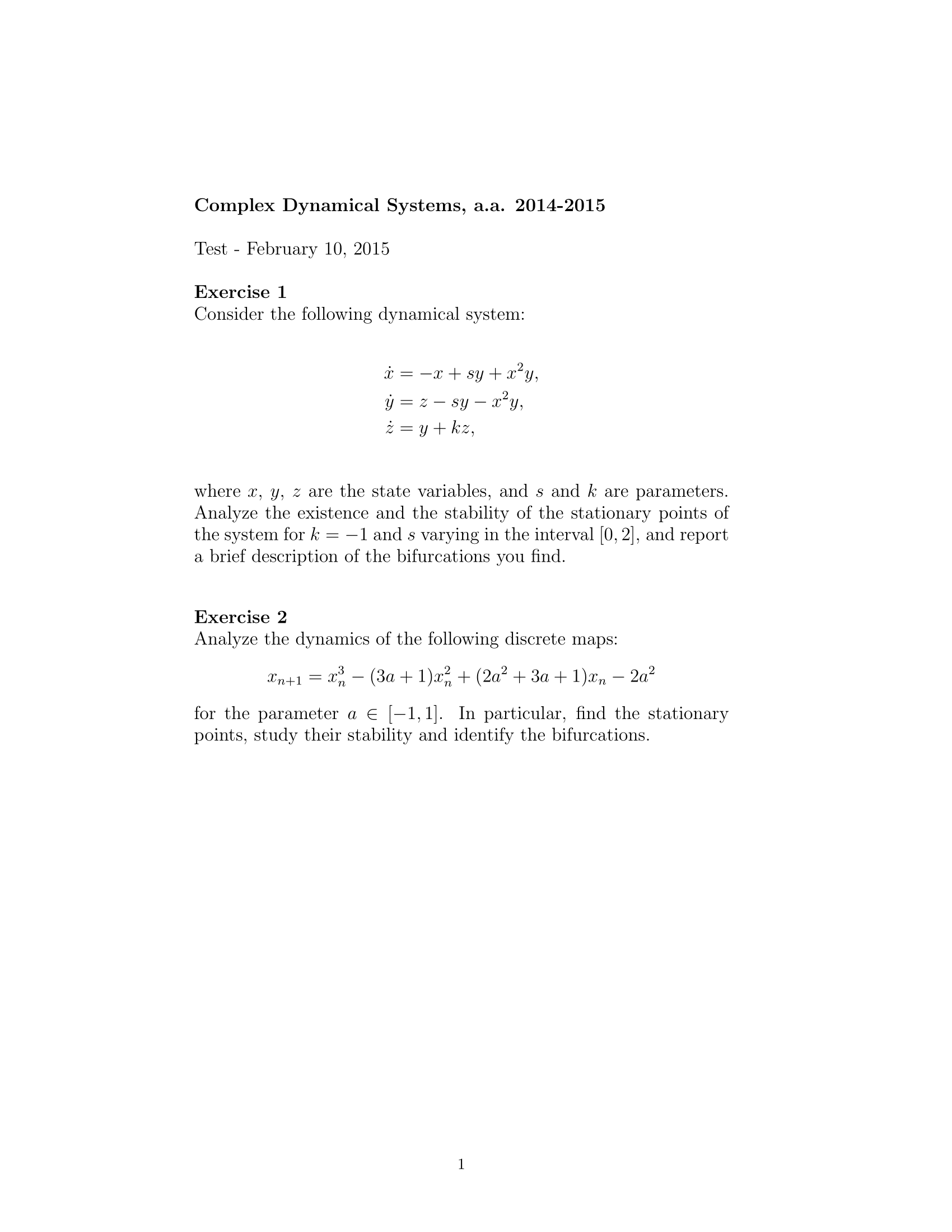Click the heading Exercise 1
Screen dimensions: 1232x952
240,292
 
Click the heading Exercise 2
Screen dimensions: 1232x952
240,617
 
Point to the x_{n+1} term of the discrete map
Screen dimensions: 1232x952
284,677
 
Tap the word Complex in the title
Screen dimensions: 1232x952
235,206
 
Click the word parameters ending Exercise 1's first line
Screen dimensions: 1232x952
682,491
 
